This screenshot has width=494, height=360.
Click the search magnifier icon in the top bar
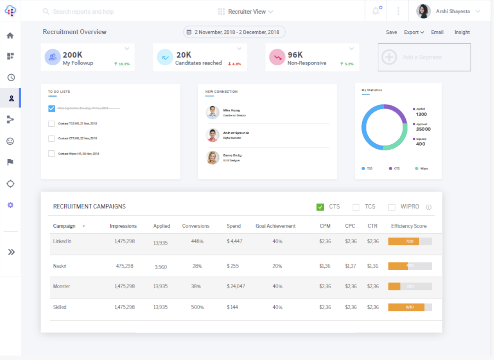pyautogui.click(x=46, y=11)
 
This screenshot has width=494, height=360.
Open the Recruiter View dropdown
pyautogui.click(x=246, y=11)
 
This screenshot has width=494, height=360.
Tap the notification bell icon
pyautogui.click(x=376, y=11)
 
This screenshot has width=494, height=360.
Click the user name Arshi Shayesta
pyautogui.click(x=453, y=11)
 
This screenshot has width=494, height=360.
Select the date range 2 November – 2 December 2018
pyautogui.click(x=234, y=32)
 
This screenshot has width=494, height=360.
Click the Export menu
pyautogui.click(x=414, y=32)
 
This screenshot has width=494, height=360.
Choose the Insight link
pyautogui.click(x=462, y=32)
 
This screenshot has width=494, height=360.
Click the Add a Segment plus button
pyautogui.click(x=389, y=57)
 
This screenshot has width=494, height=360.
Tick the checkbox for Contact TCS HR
pyautogui.click(x=52, y=124)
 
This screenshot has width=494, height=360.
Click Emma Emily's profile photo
pyautogui.click(x=213, y=157)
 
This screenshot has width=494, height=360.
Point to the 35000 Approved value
pyautogui.click(x=423, y=129)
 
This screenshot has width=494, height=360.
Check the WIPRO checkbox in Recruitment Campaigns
pyautogui.click(x=392, y=207)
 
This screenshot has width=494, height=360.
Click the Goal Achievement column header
pyautogui.click(x=275, y=226)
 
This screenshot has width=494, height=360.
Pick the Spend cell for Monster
pyautogui.click(x=236, y=286)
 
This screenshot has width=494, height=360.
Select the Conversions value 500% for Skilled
pyautogui.click(x=197, y=307)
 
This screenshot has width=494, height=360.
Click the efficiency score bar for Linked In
pyautogui.click(x=410, y=241)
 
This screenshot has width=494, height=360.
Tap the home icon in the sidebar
pyautogui.click(x=11, y=36)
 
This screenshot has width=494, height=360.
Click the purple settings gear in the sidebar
pyautogui.click(x=11, y=205)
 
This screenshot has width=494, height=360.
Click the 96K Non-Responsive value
pyautogui.click(x=295, y=55)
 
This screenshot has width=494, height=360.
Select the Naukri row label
pyautogui.click(x=60, y=266)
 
